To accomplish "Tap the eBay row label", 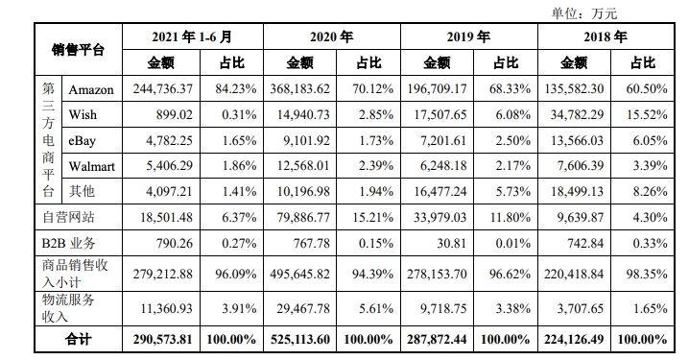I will tap(83, 140).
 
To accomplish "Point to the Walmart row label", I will tap(92, 166).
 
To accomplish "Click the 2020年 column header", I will tap(331, 37).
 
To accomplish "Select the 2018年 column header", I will tap(606, 37).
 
